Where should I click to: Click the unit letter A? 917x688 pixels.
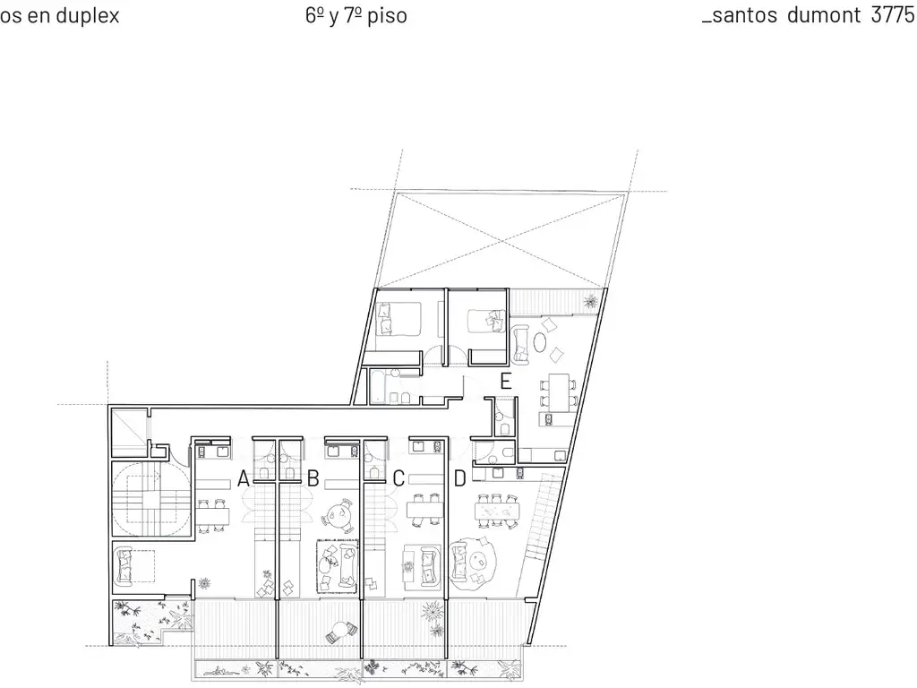(x=244, y=478)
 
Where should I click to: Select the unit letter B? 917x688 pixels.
(x=313, y=478)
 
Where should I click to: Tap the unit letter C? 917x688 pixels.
(x=399, y=478)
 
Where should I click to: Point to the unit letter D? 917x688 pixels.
(x=459, y=478)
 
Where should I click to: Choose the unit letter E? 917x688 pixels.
(x=506, y=382)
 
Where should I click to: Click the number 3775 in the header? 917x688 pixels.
(x=893, y=14)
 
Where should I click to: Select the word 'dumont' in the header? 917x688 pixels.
(x=824, y=14)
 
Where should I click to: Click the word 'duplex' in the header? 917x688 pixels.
(x=89, y=15)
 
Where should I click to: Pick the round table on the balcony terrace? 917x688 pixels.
(x=339, y=631)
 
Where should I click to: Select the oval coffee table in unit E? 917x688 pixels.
(x=540, y=341)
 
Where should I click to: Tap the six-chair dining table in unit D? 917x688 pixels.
(x=496, y=512)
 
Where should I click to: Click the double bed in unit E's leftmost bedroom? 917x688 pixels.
(x=399, y=319)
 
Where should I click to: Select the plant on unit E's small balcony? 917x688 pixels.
(x=590, y=303)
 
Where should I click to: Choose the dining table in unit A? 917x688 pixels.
(x=211, y=515)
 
